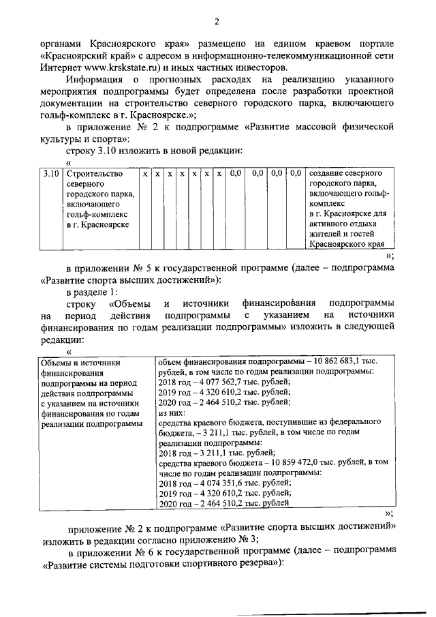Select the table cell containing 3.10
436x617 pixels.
point(48,175)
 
